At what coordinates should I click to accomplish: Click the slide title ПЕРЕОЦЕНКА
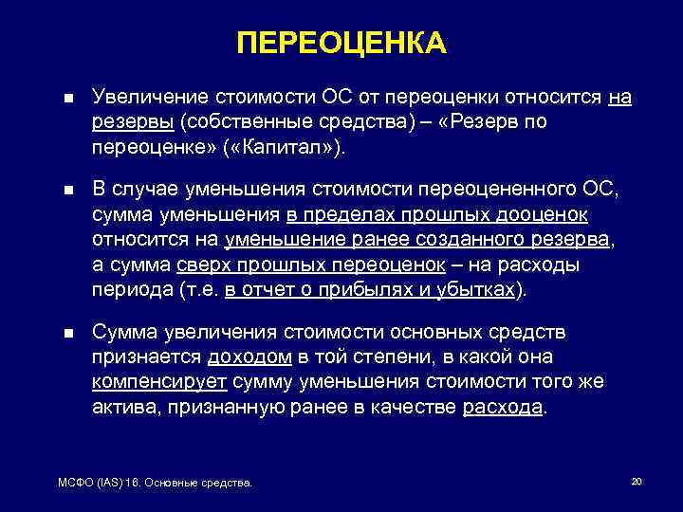[x=341, y=43]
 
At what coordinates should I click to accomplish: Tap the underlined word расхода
[x=504, y=408]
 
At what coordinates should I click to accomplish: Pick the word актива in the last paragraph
[x=123, y=408]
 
